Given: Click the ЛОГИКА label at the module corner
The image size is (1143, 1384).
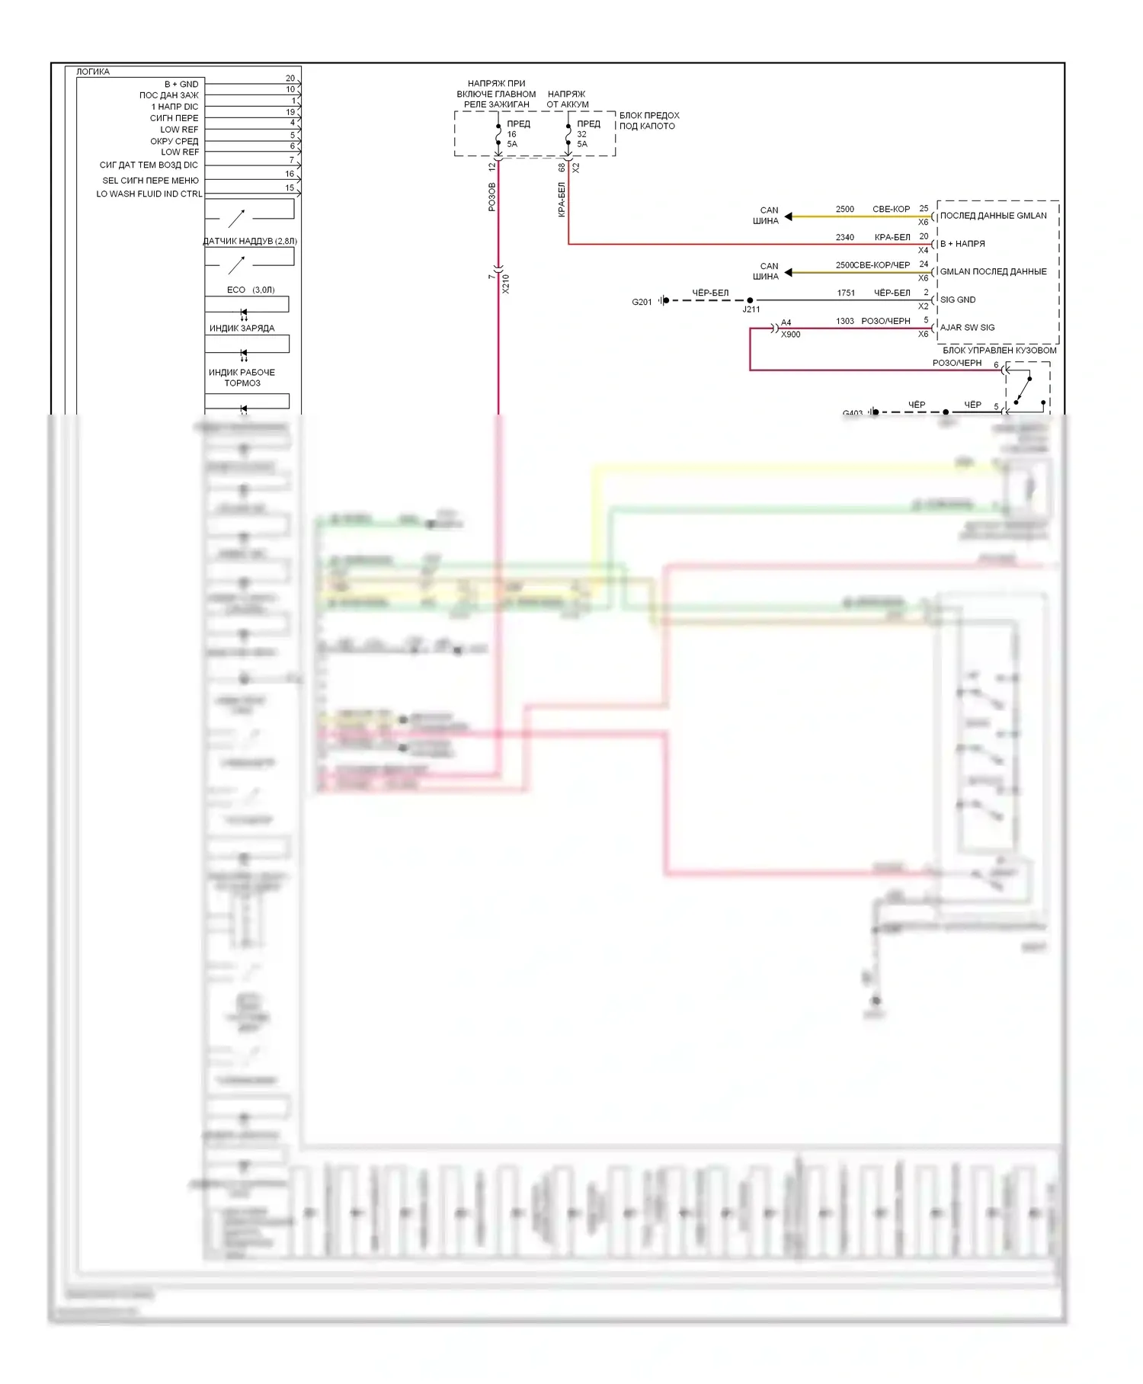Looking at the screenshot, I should point(93,72).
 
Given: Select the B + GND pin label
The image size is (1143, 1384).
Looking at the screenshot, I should point(181,84).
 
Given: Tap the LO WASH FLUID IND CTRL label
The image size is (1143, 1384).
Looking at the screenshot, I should point(149,194).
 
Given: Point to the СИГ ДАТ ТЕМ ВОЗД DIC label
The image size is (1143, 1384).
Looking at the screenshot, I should point(149,165).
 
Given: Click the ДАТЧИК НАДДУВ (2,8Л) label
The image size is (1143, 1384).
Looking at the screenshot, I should point(250,241).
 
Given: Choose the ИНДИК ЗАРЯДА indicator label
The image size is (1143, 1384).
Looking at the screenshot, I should point(242,328).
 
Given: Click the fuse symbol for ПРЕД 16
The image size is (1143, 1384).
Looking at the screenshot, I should point(498,134).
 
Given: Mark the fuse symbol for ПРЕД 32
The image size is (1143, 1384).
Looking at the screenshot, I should point(568,134).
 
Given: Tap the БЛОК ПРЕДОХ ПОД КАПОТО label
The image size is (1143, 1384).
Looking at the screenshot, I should point(648,120).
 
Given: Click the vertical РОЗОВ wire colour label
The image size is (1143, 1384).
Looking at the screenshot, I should point(491,197).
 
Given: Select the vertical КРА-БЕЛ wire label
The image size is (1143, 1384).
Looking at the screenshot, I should point(562,200).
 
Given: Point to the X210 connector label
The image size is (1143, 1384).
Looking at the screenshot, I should point(506,284).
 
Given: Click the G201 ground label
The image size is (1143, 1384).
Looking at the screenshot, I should point(642,302).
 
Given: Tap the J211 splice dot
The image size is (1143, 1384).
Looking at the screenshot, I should point(750,300).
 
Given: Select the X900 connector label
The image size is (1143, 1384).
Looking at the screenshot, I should point(790,335).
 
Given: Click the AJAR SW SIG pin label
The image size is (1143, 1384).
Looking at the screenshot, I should point(967,328).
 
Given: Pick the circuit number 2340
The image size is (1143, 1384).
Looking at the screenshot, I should point(844,237).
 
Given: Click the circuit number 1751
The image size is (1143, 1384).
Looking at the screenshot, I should point(846,293).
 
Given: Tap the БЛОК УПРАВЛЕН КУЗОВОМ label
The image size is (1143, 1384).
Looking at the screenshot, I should point(999,350).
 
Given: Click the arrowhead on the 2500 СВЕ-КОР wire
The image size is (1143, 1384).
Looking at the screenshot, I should point(789,216).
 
